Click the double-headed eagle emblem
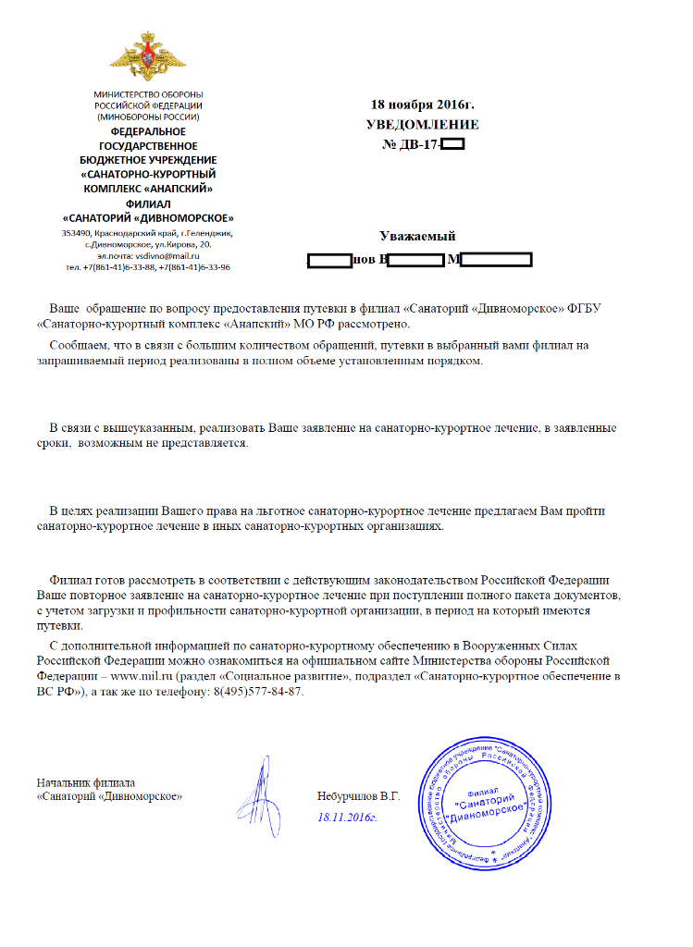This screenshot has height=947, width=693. click(x=149, y=55)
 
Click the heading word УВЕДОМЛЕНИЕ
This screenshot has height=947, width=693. click(x=423, y=125)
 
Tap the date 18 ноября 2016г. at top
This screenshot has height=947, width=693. click(x=422, y=105)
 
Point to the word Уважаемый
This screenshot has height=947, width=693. click(x=417, y=237)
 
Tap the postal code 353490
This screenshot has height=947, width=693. click(x=79, y=233)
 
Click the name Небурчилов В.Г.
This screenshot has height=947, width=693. click(x=358, y=794)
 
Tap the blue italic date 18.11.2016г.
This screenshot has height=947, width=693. click(x=347, y=818)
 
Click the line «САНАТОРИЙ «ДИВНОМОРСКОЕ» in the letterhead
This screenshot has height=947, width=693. click(x=148, y=216)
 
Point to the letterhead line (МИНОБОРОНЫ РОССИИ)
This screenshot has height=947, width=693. click(x=148, y=118)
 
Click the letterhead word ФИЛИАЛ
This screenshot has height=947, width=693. click(x=148, y=203)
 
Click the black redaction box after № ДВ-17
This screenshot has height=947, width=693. click(x=452, y=144)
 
